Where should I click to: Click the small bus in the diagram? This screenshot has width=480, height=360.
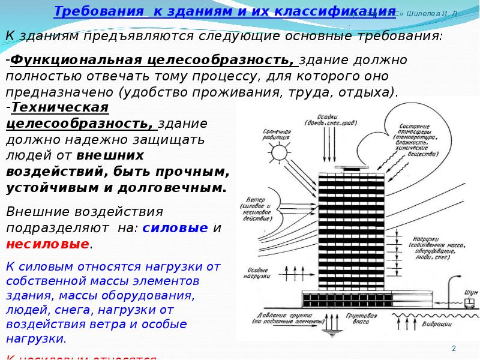pyautogui.click(x=469, y=303)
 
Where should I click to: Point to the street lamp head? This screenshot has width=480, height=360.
pyautogui.click(x=458, y=278)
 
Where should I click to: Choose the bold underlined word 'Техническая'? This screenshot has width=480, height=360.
pyautogui.click(x=59, y=107)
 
